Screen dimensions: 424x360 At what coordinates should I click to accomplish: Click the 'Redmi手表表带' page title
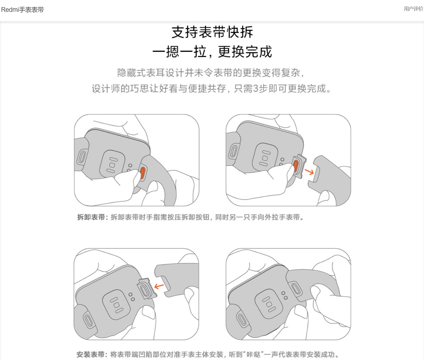[22, 10]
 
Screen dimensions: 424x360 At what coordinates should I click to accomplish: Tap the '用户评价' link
[413, 9]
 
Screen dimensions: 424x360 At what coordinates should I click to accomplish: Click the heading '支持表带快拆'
[212, 32]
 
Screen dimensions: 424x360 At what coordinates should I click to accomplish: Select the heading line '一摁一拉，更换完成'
[212, 52]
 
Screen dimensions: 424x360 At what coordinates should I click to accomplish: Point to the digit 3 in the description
[256, 89]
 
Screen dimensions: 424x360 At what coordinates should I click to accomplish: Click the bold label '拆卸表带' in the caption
[91, 217]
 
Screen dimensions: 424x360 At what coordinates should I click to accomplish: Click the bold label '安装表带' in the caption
[90, 354]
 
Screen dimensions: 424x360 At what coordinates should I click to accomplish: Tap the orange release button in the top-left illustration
[142, 173]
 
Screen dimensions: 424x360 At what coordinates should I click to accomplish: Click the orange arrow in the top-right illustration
[309, 171]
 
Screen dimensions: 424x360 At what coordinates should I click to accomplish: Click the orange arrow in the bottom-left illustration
[159, 286]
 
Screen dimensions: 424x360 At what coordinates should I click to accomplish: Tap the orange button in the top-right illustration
[296, 166]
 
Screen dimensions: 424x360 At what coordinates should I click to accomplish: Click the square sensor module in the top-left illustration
[112, 164]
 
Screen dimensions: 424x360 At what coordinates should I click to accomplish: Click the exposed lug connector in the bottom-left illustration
[147, 288]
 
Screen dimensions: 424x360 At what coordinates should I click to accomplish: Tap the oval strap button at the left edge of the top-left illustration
[82, 157]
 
